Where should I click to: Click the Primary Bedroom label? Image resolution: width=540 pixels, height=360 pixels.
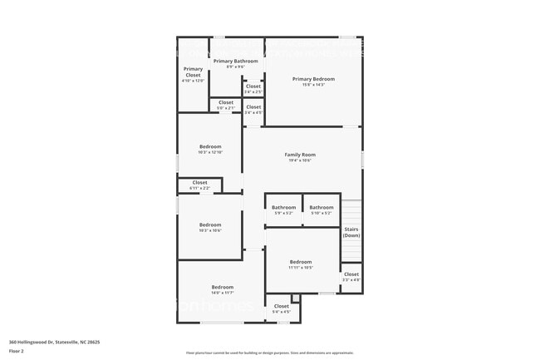coord(313,79)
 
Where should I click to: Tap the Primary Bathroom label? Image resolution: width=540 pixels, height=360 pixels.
coord(235,61)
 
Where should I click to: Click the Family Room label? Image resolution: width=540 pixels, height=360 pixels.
coord(300,155)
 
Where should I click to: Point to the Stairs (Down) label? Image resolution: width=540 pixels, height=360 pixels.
coord(351,231)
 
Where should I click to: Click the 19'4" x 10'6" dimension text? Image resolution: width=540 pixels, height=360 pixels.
coord(300,161)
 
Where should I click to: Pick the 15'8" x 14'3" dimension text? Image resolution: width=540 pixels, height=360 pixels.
coord(313,85)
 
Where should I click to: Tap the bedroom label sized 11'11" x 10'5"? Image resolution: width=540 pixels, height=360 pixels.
coord(301,261)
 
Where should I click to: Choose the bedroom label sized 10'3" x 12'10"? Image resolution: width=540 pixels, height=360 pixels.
coord(210,146)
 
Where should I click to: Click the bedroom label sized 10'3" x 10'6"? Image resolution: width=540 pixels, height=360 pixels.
coord(210,224)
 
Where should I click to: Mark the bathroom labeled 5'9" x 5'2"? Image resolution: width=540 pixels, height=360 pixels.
coord(283,207)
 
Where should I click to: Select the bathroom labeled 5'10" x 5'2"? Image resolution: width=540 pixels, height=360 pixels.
coord(322,207)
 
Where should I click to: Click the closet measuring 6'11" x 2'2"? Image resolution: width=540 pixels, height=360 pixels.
coord(200,182)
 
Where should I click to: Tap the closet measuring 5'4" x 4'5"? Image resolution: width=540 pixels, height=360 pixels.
coord(282,306)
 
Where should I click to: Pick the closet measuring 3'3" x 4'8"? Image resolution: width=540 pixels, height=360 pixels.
coord(351,274)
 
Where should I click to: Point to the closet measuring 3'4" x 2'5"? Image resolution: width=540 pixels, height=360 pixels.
coord(253,86)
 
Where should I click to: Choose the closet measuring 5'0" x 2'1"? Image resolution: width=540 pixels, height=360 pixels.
coord(226,103)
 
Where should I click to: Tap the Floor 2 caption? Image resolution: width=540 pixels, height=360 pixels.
coord(17,351)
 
